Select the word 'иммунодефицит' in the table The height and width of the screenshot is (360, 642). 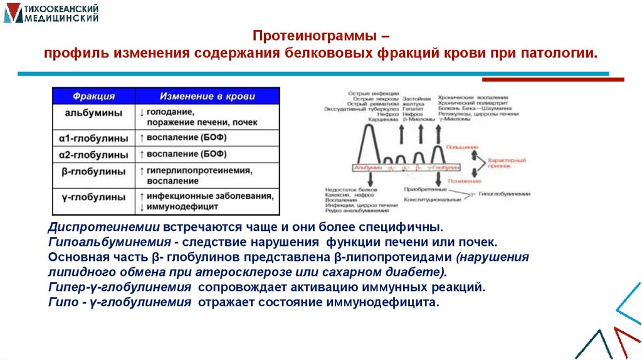182,206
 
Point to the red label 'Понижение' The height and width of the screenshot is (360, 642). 458,181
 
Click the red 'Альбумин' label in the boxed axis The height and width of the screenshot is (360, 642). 367,168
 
